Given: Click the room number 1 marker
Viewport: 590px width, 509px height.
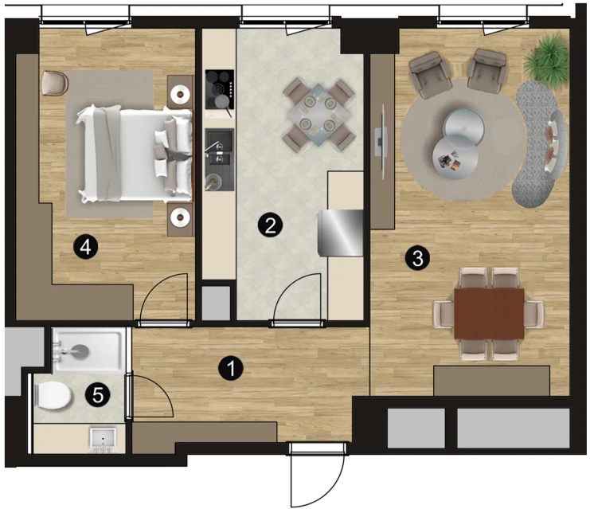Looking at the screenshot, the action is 231,368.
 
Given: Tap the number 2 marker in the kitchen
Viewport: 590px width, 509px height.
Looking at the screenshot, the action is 270,225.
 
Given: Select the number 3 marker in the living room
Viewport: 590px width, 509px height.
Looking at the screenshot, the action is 417,258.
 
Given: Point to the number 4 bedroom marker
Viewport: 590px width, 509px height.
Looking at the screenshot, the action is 86,248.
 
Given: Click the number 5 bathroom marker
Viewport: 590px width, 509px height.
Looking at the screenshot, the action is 98,395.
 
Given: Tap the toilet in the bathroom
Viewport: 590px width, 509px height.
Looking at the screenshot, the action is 53,395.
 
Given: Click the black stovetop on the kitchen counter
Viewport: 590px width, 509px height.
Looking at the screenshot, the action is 220,89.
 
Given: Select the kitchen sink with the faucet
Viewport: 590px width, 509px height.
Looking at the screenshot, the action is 220,159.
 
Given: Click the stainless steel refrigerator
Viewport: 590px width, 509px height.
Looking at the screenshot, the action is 340,233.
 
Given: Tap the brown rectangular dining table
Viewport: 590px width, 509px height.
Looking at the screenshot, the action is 489,314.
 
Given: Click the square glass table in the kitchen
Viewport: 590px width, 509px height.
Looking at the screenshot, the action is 319,114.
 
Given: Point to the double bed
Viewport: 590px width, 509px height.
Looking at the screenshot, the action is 135,155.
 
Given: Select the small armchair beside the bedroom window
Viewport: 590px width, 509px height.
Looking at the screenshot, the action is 55,83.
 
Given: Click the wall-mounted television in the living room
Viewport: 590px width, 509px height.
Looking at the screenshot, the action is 381,142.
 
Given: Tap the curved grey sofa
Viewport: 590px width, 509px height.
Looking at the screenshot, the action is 541,143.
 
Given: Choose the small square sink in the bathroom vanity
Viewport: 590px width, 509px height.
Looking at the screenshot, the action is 103,439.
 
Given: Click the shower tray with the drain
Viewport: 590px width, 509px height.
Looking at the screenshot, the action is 88,350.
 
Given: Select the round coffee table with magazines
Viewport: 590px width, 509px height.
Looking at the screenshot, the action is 455,157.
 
